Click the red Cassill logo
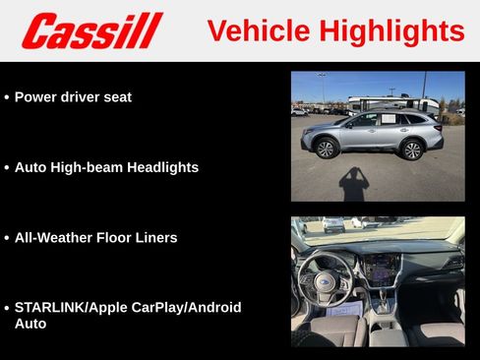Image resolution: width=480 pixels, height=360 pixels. (x=91, y=30)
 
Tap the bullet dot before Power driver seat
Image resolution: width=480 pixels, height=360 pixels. (x=7, y=98)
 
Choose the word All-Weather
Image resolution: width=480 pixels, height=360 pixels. (x=54, y=237)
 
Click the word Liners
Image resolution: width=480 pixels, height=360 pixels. (x=155, y=237)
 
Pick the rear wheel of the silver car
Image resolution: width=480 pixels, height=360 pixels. (x=412, y=150)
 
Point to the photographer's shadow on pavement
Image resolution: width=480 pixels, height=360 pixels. (x=353, y=184)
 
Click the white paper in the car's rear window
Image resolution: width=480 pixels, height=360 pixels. (x=387, y=120)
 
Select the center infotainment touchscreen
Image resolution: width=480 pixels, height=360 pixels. (x=382, y=268)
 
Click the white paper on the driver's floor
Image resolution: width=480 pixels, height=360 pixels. (x=343, y=311)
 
